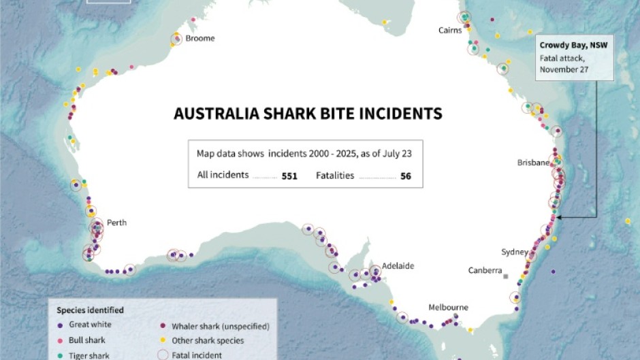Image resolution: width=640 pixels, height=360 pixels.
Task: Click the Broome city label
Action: [200, 39]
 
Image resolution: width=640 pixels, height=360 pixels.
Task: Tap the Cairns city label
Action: [450, 30]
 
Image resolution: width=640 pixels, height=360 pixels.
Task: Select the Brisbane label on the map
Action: [533, 163]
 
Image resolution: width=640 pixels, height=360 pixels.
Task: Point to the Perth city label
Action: [116, 223]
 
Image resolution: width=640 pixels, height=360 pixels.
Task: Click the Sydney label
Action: [515, 252]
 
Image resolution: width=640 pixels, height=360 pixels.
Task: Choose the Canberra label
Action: [485, 270]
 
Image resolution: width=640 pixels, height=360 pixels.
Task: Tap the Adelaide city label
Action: [398, 266]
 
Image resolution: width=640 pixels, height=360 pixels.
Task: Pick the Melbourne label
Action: [448, 307]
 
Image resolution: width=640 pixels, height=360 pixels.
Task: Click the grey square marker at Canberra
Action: [506, 276]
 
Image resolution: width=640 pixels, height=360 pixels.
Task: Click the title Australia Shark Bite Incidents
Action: [308, 113]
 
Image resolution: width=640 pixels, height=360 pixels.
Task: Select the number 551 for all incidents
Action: [289, 176]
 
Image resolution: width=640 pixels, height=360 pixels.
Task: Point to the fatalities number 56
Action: [405, 176]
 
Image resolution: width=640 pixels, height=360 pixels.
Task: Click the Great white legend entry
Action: [90, 325]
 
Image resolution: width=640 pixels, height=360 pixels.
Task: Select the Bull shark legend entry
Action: [86, 340]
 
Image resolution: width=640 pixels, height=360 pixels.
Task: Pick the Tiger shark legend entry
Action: [88, 355]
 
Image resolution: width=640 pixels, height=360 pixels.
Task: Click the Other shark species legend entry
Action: [207, 340]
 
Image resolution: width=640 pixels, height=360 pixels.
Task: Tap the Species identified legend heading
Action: [90, 310]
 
